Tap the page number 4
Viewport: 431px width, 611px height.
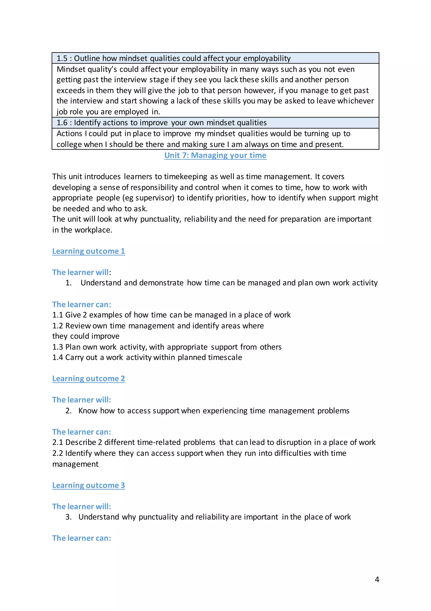[x=377, y=579]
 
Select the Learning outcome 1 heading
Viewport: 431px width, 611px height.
[x=89, y=251]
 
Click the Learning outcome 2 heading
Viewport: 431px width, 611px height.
[x=89, y=378]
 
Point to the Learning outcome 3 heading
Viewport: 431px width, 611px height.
[x=89, y=485]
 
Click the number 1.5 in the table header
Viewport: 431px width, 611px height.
[x=62, y=58]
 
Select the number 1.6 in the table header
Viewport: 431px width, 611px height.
[x=62, y=122]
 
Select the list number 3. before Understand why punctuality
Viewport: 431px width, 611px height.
[x=69, y=517]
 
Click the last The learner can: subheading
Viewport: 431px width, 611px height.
[x=82, y=538]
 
